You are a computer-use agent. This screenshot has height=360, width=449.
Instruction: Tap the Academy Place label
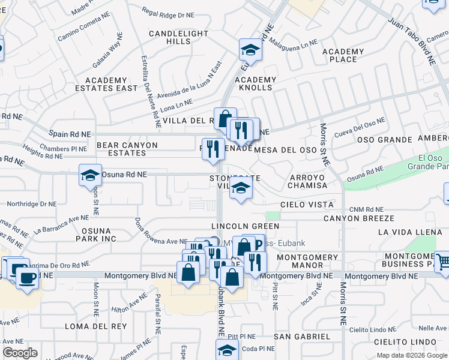(x=343, y=55)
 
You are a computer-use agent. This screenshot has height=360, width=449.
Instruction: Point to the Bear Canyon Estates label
(x=127, y=149)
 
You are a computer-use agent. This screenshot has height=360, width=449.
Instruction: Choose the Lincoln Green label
(x=245, y=226)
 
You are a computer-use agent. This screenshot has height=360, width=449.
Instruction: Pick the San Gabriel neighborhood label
(x=303, y=337)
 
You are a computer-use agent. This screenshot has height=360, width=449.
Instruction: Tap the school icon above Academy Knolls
(x=250, y=50)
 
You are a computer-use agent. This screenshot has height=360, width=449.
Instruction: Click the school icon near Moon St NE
(x=90, y=176)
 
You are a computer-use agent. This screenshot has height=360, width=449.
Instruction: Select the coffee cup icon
(x=27, y=278)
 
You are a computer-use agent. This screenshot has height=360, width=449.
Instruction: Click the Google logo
(x=20, y=353)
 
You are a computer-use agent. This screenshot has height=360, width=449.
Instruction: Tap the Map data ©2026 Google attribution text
(x=411, y=355)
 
